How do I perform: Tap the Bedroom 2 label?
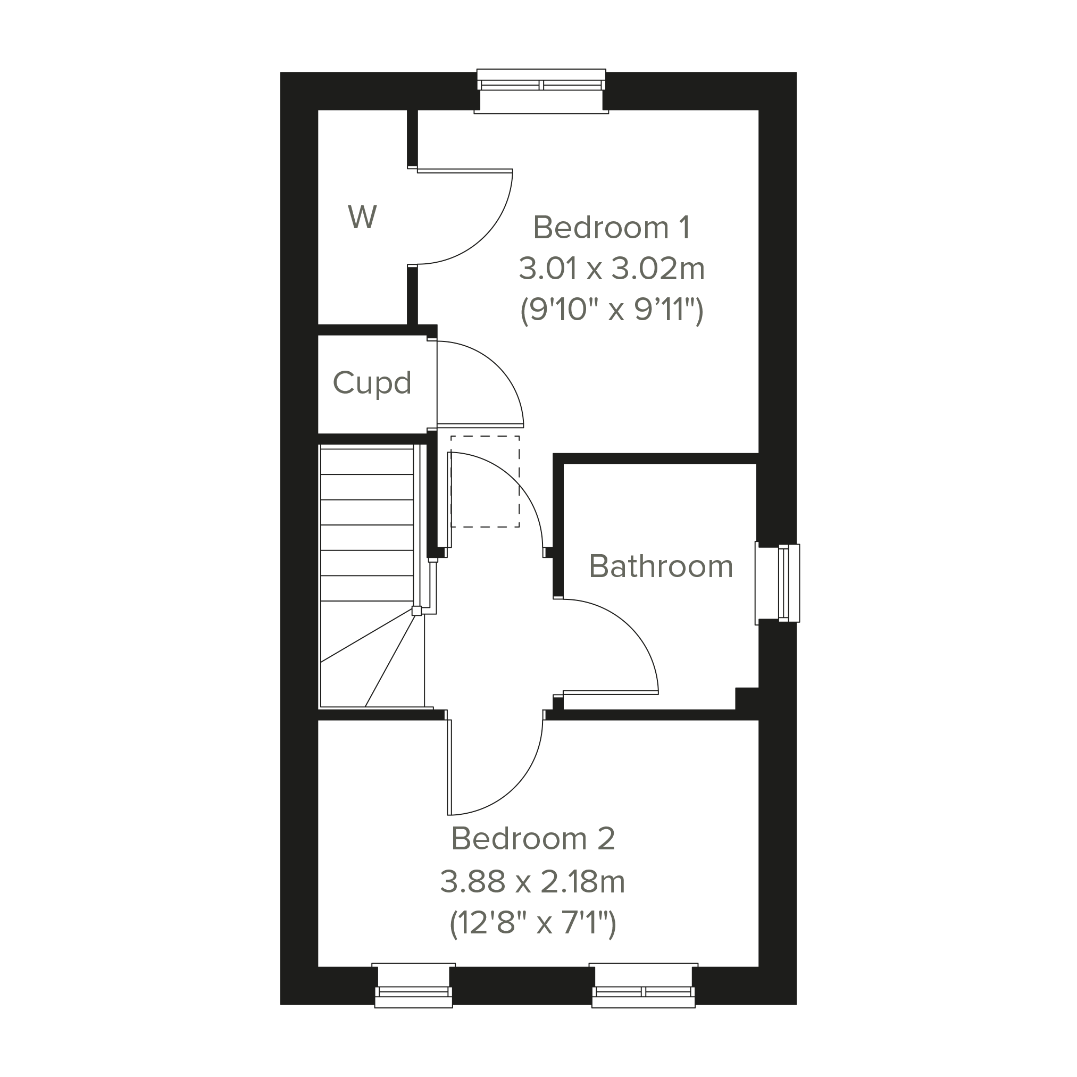tap(533, 838)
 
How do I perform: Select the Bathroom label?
tap(661, 566)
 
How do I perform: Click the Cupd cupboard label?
tap(372, 383)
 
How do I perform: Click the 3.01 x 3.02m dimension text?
tap(612, 269)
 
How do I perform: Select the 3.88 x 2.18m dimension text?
tap(533, 882)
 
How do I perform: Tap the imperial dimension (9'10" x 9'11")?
tap(612, 310)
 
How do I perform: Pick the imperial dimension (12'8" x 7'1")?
tap(533, 924)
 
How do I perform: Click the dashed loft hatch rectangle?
tap(485, 482)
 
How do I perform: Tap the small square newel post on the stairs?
tap(416, 611)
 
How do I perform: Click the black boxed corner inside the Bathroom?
tap(746, 698)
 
